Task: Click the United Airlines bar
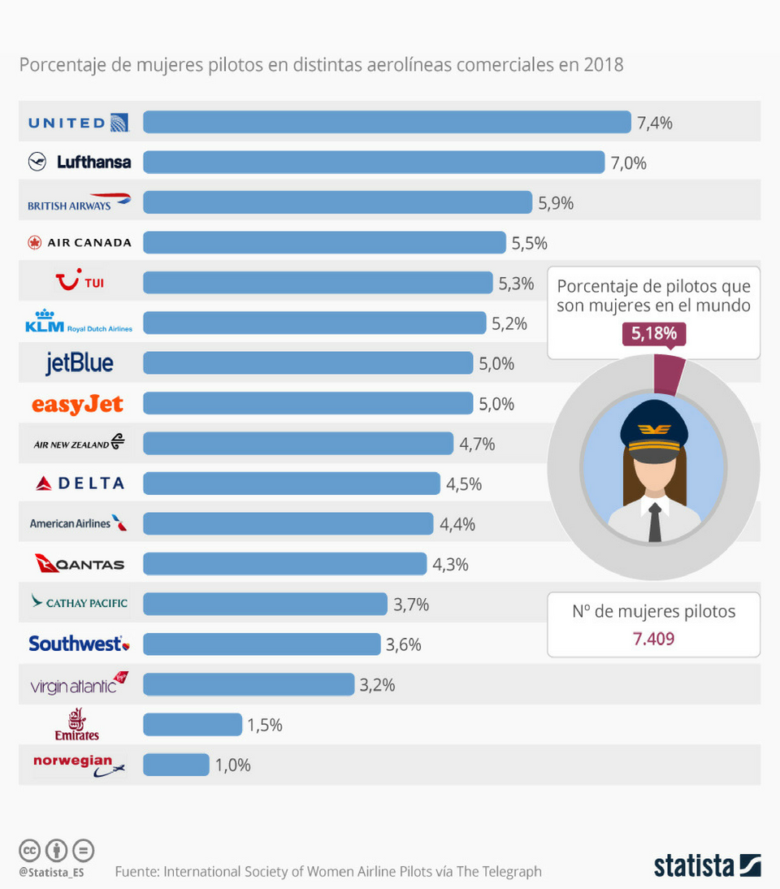point(387,122)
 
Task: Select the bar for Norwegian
point(175,765)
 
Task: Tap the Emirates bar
point(193,724)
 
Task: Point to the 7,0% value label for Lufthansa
point(628,163)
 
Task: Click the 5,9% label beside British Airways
point(556,203)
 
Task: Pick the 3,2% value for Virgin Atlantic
point(377,685)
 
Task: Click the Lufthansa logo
point(80,162)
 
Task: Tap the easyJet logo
point(77,403)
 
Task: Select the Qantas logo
point(80,563)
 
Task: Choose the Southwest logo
point(79,644)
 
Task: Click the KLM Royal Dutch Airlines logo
point(79,323)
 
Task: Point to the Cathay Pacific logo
point(79,603)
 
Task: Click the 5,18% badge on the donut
point(654,333)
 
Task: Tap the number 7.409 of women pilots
point(653,639)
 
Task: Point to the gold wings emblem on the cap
point(654,428)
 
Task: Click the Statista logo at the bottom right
point(707,865)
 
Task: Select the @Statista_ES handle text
point(51,872)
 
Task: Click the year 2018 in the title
point(603,64)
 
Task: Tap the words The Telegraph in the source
point(499,871)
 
